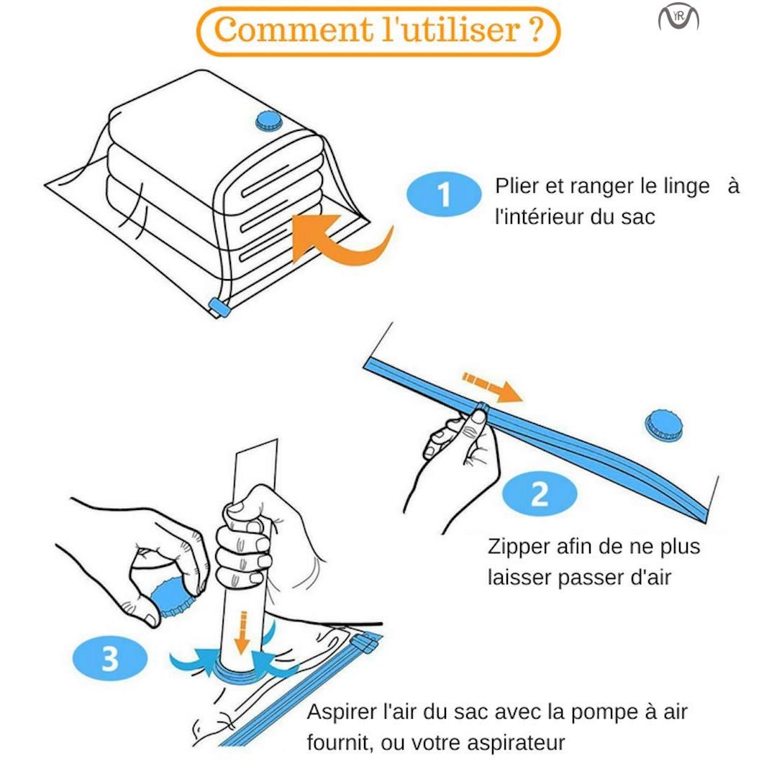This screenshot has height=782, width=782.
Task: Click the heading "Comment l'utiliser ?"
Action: click(x=378, y=31)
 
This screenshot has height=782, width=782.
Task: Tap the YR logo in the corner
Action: click(x=678, y=18)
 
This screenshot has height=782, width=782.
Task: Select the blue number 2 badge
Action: click(x=540, y=494)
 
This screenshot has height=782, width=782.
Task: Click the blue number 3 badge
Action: click(x=109, y=658)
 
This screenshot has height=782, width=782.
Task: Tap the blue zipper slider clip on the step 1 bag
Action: click(x=219, y=307)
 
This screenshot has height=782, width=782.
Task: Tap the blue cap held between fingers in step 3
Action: click(x=172, y=596)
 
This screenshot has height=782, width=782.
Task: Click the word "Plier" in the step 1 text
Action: click(x=515, y=186)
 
